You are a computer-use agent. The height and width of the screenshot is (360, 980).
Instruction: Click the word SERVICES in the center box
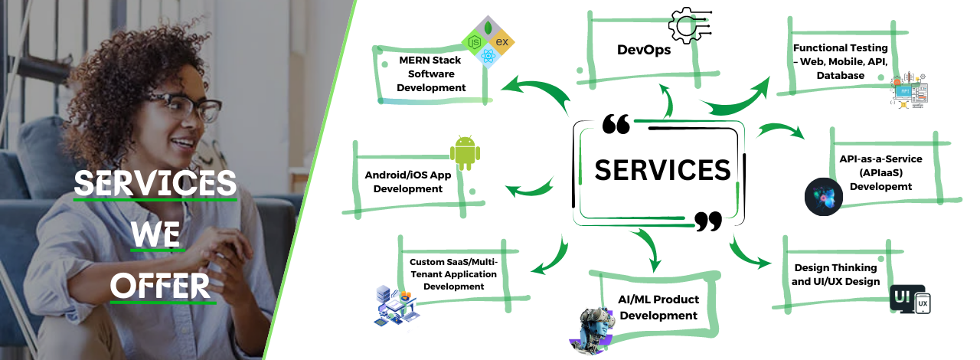[662, 169]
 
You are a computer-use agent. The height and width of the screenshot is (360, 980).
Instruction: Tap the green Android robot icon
[465, 152]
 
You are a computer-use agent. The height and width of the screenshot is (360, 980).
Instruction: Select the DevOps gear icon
[689, 25]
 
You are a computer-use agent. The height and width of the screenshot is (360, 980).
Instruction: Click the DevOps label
[644, 51]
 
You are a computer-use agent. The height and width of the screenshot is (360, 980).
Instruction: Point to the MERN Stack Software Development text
[432, 74]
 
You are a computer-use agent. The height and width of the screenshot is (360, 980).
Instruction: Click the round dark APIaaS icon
[824, 197]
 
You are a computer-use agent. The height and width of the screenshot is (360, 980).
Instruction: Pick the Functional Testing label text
[840, 61]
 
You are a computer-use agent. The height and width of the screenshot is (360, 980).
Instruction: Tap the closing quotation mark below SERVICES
[708, 221]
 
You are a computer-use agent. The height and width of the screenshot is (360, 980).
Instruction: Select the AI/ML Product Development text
[658, 307]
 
